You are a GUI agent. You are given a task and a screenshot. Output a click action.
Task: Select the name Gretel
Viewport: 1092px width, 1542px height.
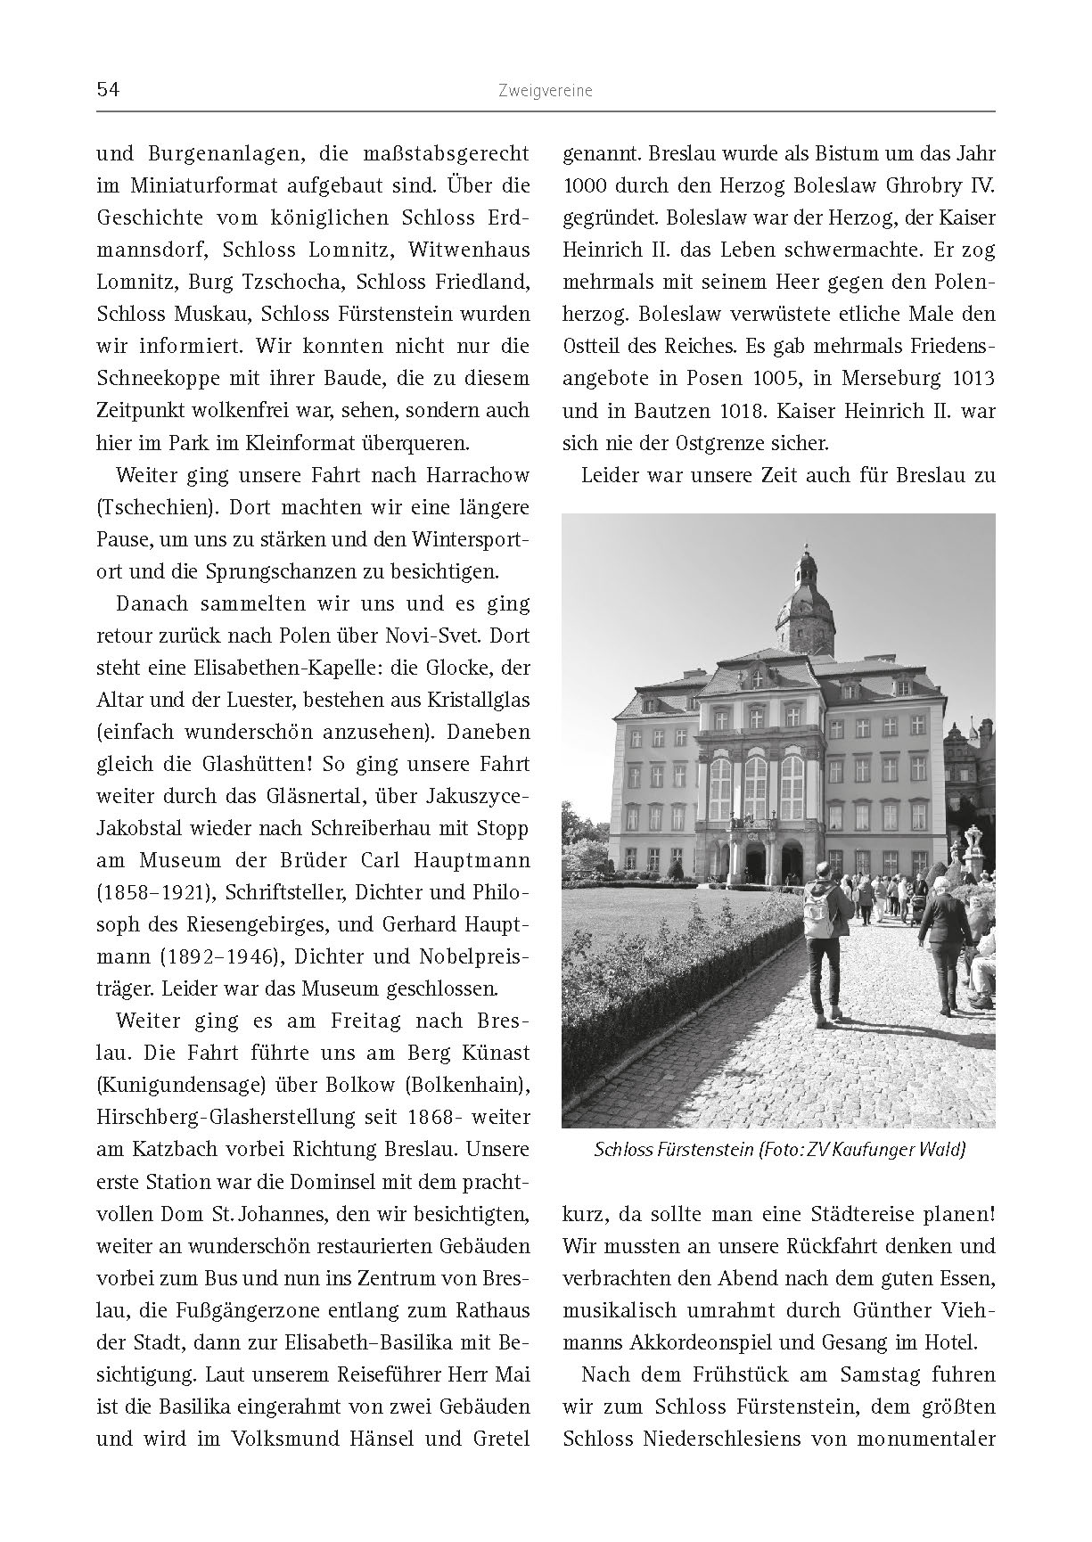(x=497, y=1438)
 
